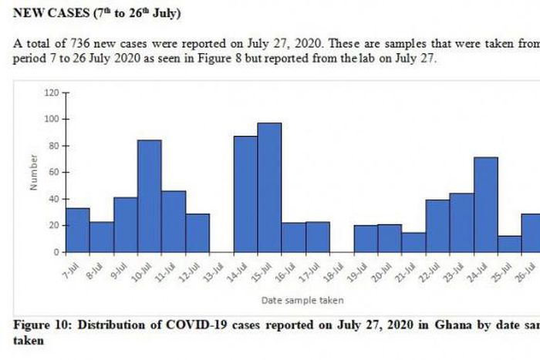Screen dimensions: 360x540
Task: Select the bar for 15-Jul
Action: point(269,187)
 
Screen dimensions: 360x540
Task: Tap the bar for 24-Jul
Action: point(485,204)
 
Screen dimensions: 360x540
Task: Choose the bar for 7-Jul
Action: point(77,230)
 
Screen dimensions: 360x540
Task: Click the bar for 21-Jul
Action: point(413,242)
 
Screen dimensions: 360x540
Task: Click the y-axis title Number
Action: point(35,173)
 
